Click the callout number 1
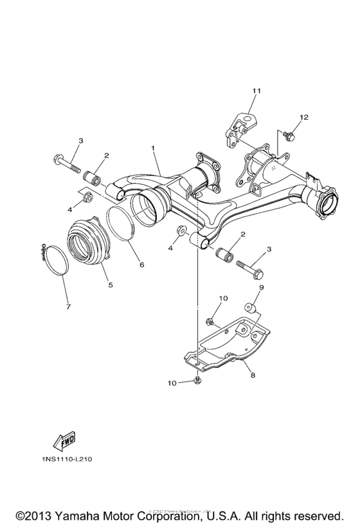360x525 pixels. (x=154, y=149)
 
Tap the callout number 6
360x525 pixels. (x=141, y=264)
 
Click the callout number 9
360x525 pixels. (x=262, y=287)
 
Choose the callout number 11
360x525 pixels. (x=255, y=91)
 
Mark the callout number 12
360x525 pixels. (x=303, y=117)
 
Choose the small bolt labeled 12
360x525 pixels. (x=289, y=136)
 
